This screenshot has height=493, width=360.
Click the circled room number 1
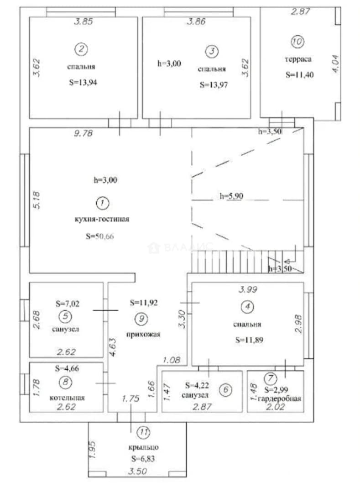[102, 203]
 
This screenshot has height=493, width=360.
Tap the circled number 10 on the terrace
[297, 42]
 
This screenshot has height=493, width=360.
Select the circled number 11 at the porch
[144, 433]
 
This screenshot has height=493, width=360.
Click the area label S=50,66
[100, 236]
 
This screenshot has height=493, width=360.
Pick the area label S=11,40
[300, 75]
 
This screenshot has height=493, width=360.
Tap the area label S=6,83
[143, 459]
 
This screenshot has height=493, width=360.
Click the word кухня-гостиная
[102, 219]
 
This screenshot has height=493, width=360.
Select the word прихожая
[143, 334]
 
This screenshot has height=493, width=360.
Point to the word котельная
[67, 398]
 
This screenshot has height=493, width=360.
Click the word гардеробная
[279, 399]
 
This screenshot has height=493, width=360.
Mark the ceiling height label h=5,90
[231, 196]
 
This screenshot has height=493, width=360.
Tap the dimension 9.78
[83, 133]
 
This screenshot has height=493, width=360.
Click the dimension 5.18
[37, 200]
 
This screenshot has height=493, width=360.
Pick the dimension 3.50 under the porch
[138, 472]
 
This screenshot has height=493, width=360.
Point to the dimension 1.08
[172, 360]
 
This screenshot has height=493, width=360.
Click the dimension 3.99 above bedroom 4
[248, 289]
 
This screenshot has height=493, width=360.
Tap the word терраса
[298, 59]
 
